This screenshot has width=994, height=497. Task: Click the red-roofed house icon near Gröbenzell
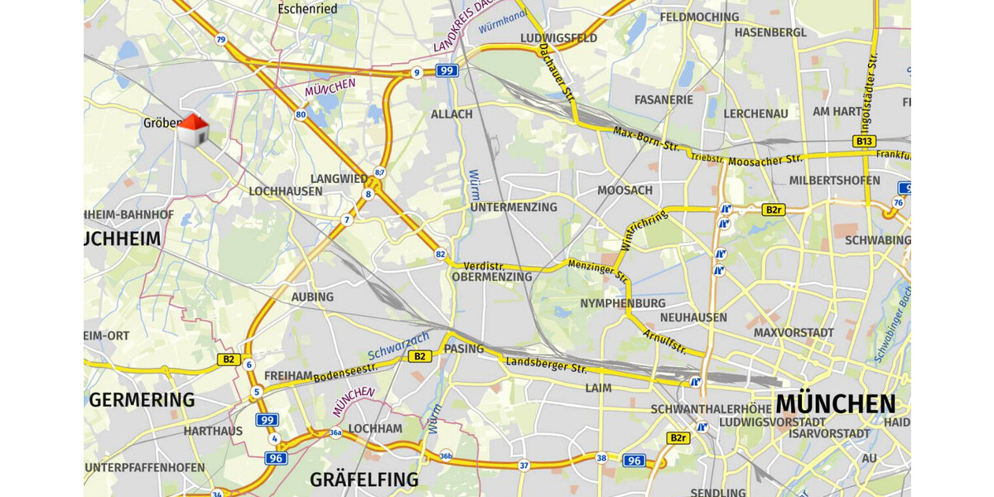pyautogui.click(x=193, y=130)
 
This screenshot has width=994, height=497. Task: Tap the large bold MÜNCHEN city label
pyautogui.click(x=835, y=404)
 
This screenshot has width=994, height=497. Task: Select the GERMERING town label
pyautogui.click(x=142, y=400)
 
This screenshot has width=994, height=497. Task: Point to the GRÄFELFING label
pyautogui.click(x=364, y=480)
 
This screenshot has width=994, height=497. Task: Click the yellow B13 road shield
pyautogui.click(x=864, y=142)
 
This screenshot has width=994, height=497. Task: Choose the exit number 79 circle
pyautogui.click(x=220, y=39)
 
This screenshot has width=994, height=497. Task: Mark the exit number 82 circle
pyautogui.click(x=440, y=254)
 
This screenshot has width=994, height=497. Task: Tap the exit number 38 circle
pyautogui.click(x=601, y=458)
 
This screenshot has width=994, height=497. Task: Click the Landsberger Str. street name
pyautogui.click(x=546, y=363)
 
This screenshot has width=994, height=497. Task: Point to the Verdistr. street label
pyautogui.click(x=485, y=265)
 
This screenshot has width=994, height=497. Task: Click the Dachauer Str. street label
pyautogui.click(x=556, y=75)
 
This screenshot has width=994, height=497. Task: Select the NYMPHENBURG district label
pyautogui.click(x=623, y=302)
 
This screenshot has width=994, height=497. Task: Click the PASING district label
pyautogui.click(x=464, y=349)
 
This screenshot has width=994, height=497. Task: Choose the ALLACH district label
pyautogui.click(x=451, y=114)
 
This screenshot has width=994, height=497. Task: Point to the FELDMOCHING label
pyautogui.click(x=699, y=17)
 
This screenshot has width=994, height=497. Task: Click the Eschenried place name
pyautogui.click(x=307, y=9)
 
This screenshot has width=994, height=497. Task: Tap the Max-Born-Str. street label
pyautogui.click(x=646, y=139)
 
